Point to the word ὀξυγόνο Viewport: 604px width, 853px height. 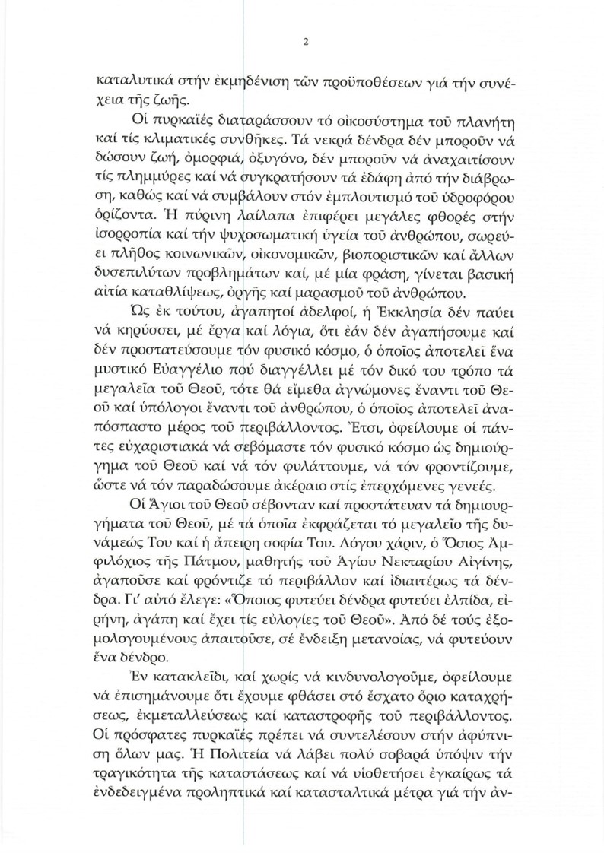point(272,184)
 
